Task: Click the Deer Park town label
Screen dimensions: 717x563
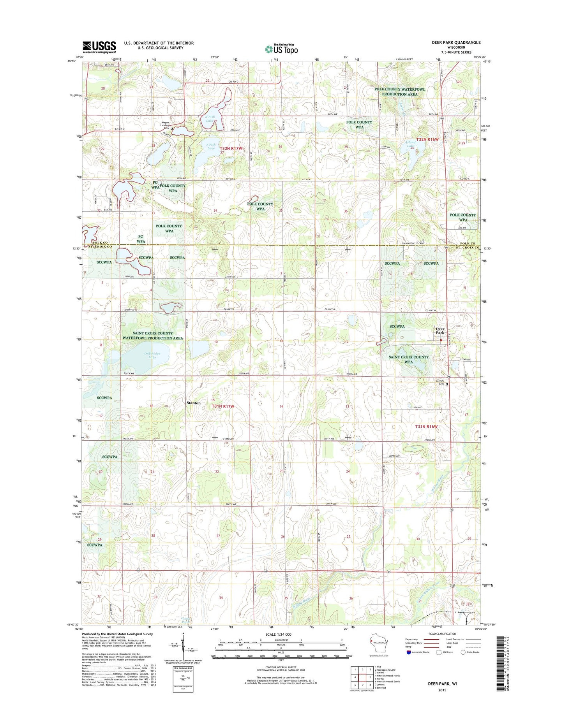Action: point(440,331)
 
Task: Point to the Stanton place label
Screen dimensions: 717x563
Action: point(194,403)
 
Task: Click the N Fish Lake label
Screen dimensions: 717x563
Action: point(210,119)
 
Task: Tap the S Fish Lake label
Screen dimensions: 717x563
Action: point(211,146)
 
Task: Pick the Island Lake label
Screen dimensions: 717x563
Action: point(410,144)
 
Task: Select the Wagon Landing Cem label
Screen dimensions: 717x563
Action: point(164,125)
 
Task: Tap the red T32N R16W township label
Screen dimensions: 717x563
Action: point(427,139)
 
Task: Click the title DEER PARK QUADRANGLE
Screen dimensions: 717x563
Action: point(454,42)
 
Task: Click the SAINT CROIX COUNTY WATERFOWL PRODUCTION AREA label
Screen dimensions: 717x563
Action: point(152,336)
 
